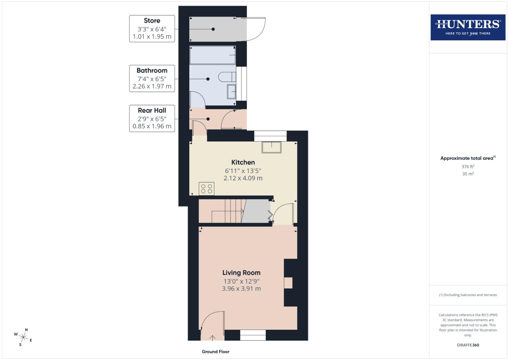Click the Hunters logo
pyautogui.click(x=468, y=27)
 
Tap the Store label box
pyautogui.click(x=152, y=29)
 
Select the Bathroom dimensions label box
pyautogui.click(x=152, y=79)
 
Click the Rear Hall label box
pyautogui.click(x=152, y=118)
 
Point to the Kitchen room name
pyautogui.click(x=243, y=162)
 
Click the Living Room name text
pyautogui.click(x=241, y=273)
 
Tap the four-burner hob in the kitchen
pyautogui.click(x=206, y=189)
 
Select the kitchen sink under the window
pyautogui.click(x=271, y=147)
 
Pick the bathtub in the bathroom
pyautogui.click(x=212, y=55)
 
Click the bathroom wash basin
pyautogui.click(x=231, y=91)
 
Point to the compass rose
pyautogui.click(x=23, y=337)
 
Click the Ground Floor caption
pyautogui.click(x=215, y=352)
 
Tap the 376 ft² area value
pyautogui.click(x=468, y=167)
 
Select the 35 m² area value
pyautogui.click(x=468, y=174)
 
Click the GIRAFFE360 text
pyautogui.click(x=468, y=345)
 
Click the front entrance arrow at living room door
pyautogui.click(x=212, y=338)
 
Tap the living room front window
pyautogui.click(x=253, y=335)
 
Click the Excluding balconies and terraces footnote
pyautogui.click(x=468, y=295)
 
